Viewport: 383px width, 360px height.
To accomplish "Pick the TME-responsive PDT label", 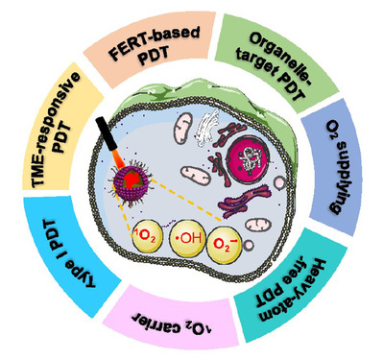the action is tap(58, 130).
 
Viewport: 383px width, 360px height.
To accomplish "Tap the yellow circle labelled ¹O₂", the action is tap(147, 237).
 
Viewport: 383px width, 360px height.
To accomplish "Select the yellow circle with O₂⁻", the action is tap(225, 245).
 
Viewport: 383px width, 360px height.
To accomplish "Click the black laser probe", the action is tap(107, 133).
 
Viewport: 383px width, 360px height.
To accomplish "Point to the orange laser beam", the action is tap(118, 159).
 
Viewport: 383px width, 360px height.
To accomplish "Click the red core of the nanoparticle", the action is tap(132, 180).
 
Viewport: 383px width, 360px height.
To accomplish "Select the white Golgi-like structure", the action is tap(208, 129).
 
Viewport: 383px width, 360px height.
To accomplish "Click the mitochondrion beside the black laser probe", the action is tap(183, 129).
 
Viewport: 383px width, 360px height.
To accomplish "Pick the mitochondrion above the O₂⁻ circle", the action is tap(258, 225).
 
